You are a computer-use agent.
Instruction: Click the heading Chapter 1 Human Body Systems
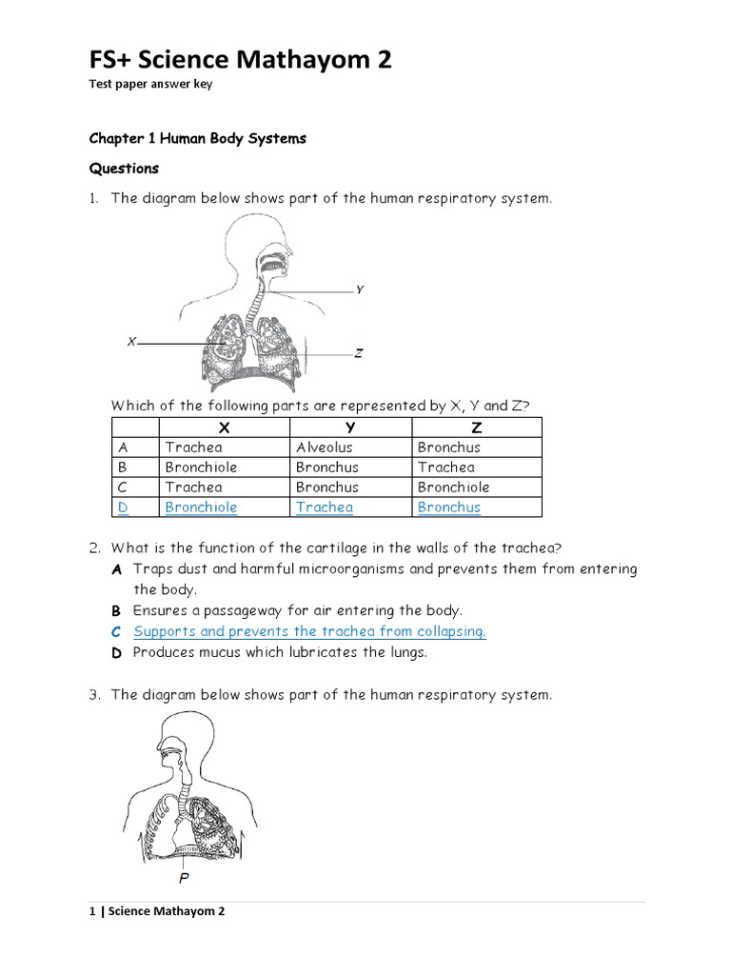point(198,138)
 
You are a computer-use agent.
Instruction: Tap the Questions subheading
point(124,169)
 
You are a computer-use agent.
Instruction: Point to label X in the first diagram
point(131,341)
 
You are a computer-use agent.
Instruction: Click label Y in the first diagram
point(360,289)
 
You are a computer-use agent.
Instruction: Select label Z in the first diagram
point(358,353)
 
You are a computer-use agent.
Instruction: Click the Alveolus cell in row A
point(324,448)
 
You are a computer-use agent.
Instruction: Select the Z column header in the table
point(476,428)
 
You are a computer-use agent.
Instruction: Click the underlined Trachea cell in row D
point(324,507)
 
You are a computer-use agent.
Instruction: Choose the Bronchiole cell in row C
point(453,487)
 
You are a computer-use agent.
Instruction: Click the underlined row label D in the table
point(123,507)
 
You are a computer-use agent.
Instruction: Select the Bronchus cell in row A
point(448,448)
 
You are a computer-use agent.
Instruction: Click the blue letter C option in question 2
point(115,631)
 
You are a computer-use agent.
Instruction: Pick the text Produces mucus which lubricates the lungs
point(280,652)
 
